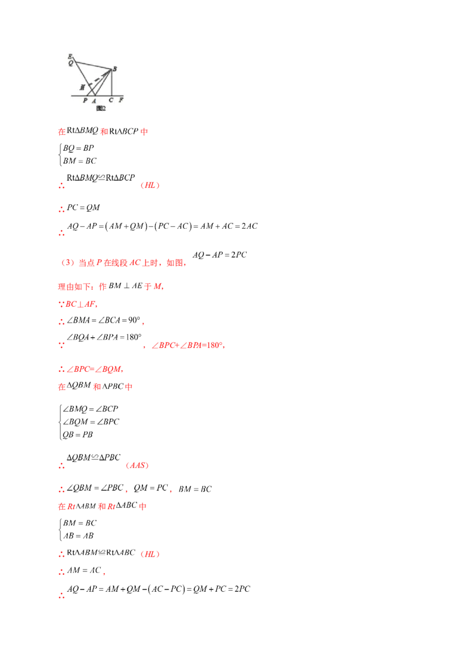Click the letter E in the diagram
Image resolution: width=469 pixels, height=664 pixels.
click(x=70, y=56)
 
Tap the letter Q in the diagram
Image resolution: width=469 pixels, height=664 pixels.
click(x=71, y=63)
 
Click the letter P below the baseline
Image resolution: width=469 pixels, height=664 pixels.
click(x=85, y=100)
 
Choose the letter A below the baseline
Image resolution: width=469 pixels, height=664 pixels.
click(x=94, y=100)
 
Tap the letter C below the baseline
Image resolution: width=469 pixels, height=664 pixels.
click(x=111, y=100)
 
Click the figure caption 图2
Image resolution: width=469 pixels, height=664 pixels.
click(x=100, y=108)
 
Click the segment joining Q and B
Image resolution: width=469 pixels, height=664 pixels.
click(x=93, y=65)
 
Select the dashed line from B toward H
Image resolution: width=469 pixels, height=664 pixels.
click(x=97, y=79)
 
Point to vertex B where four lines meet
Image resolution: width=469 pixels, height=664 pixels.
click(x=111, y=70)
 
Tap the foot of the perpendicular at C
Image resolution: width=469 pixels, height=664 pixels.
click(x=111, y=95)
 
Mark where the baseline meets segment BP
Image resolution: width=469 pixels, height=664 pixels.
click(x=87, y=95)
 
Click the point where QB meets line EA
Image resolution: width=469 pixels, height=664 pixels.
click(x=76, y=61)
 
